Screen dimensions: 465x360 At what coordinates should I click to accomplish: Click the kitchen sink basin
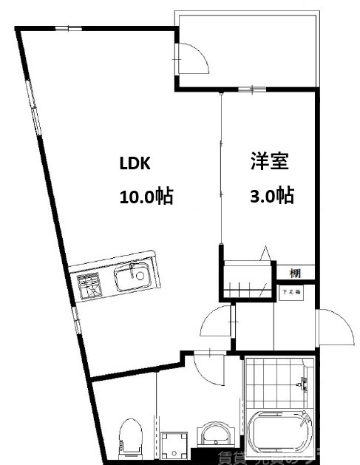pyautogui.click(x=132, y=279)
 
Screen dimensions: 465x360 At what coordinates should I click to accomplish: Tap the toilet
pyautogui.click(x=131, y=438)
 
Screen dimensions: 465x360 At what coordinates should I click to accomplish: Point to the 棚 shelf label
pyautogui.click(x=295, y=272)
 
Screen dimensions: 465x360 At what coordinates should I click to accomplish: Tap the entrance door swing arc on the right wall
pyautogui.click(x=334, y=327)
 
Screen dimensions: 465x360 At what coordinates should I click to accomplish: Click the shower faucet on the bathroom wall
pyautogui.click(x=302, y=384)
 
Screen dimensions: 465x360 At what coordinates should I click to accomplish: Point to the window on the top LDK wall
pyautogui.click(x=69, y=29)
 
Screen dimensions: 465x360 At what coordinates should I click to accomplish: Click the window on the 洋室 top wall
pyautogui.click(x=252, y=89)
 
